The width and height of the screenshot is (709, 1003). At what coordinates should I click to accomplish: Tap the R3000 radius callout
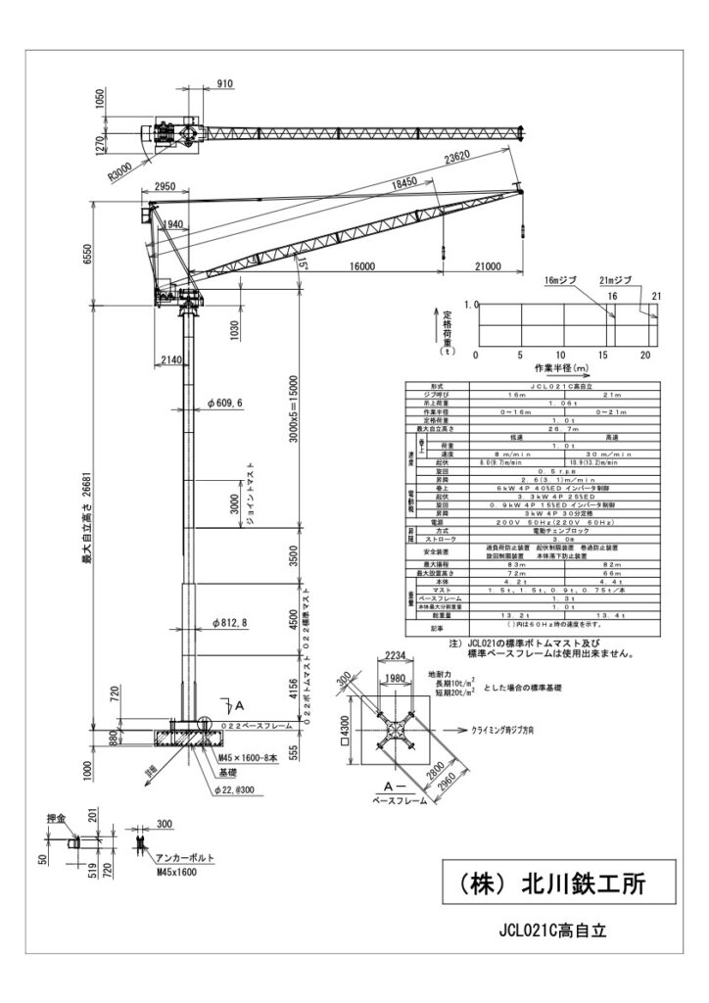point(122,168)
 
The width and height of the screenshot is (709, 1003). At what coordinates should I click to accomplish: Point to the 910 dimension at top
point(224,85)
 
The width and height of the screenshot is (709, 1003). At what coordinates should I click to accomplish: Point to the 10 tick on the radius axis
point(560,355)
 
